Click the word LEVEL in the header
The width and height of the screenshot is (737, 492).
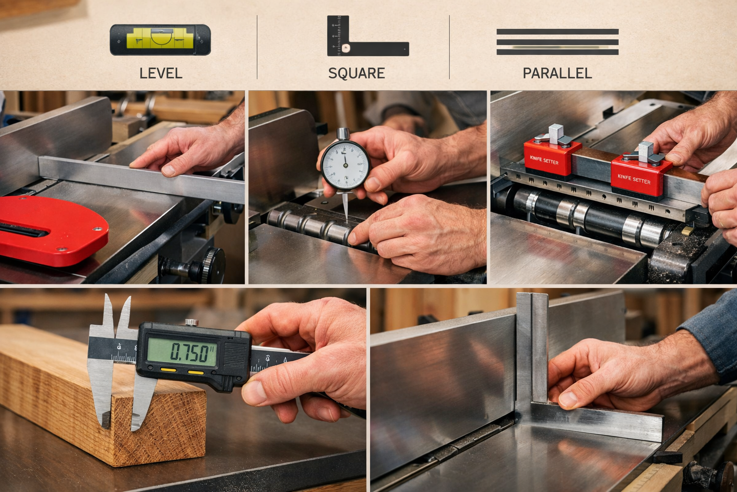(161, 74)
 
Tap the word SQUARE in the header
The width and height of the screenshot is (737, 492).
(357, 74)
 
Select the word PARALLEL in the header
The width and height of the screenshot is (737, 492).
(557, 74)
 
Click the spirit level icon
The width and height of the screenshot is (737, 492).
(160, 40)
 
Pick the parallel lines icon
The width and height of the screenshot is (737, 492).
(557, 42)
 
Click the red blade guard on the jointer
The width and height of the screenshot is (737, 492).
(48, 230)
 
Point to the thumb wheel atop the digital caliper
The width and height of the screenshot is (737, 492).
(191, 322)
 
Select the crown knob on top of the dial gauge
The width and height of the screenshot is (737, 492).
(343, 134)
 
